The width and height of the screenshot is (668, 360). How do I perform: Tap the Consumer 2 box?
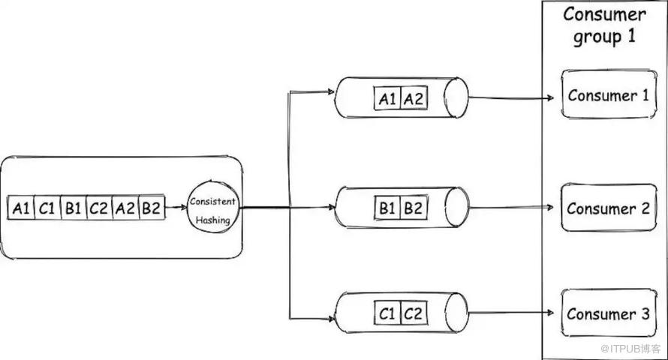(608, 208)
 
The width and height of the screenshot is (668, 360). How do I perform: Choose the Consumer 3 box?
(608, 313)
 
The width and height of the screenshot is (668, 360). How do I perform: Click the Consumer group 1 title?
(604, 25)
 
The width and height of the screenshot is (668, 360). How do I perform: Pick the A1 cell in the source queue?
(21, 208)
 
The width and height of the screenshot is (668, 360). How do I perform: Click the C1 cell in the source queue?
(47, 208)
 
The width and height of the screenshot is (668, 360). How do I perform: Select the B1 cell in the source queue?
(73, 208)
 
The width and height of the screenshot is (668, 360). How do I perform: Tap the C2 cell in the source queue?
(99, 208)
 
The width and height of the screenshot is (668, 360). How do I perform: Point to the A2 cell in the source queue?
(125, 208)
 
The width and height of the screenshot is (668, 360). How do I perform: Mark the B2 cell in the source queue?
(151, 208)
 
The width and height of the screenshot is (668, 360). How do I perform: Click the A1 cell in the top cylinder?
(387, 97)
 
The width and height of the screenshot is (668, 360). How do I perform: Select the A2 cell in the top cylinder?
(413, 97)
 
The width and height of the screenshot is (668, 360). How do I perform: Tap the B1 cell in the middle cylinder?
(387, 208)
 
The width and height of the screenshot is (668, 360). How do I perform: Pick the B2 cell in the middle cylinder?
(413, 208)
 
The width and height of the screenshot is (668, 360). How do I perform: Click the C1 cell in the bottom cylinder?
(387, 312)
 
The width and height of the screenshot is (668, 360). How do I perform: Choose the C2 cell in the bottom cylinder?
(413, 312)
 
